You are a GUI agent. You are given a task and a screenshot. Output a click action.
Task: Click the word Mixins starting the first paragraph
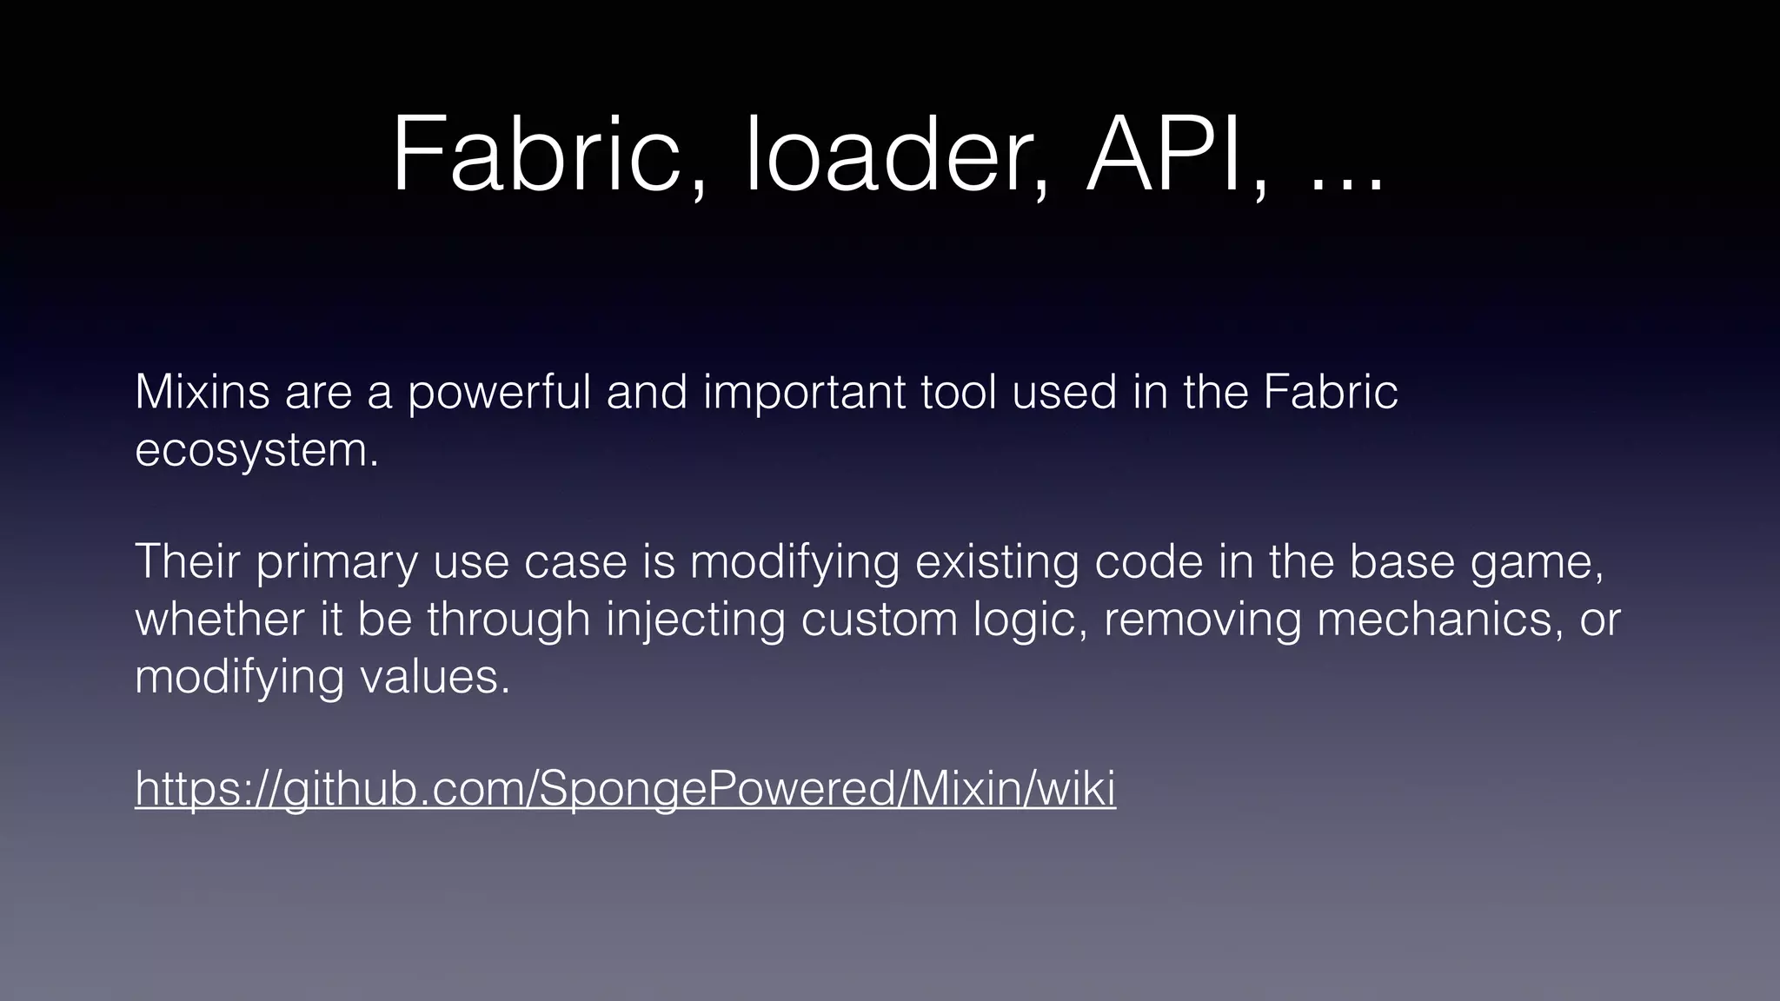203,392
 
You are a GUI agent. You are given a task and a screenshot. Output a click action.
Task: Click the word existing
996,563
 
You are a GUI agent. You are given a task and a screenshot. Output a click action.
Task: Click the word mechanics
1434,619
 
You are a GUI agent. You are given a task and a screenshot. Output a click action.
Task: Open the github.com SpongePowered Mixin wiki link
625,790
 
